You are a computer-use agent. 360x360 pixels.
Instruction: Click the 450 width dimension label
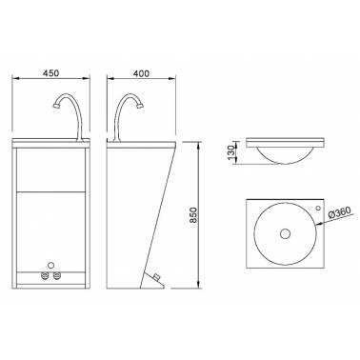[x=50, y=72]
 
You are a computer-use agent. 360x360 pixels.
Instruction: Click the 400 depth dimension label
[x=141, y=73]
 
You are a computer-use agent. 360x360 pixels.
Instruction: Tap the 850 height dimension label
[x=193, y=215]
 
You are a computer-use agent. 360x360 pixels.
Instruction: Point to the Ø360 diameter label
[x=339, y=212]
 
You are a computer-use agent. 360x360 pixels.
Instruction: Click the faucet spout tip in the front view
[x=56, y=105]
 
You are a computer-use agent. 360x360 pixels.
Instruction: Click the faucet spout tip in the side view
[x=141, y=106]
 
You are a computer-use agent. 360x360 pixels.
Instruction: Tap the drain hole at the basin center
[x=285, y=233]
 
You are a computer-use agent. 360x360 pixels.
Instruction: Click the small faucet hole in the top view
[x=318, y=208]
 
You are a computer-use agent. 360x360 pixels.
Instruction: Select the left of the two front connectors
[x=46, y=275]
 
